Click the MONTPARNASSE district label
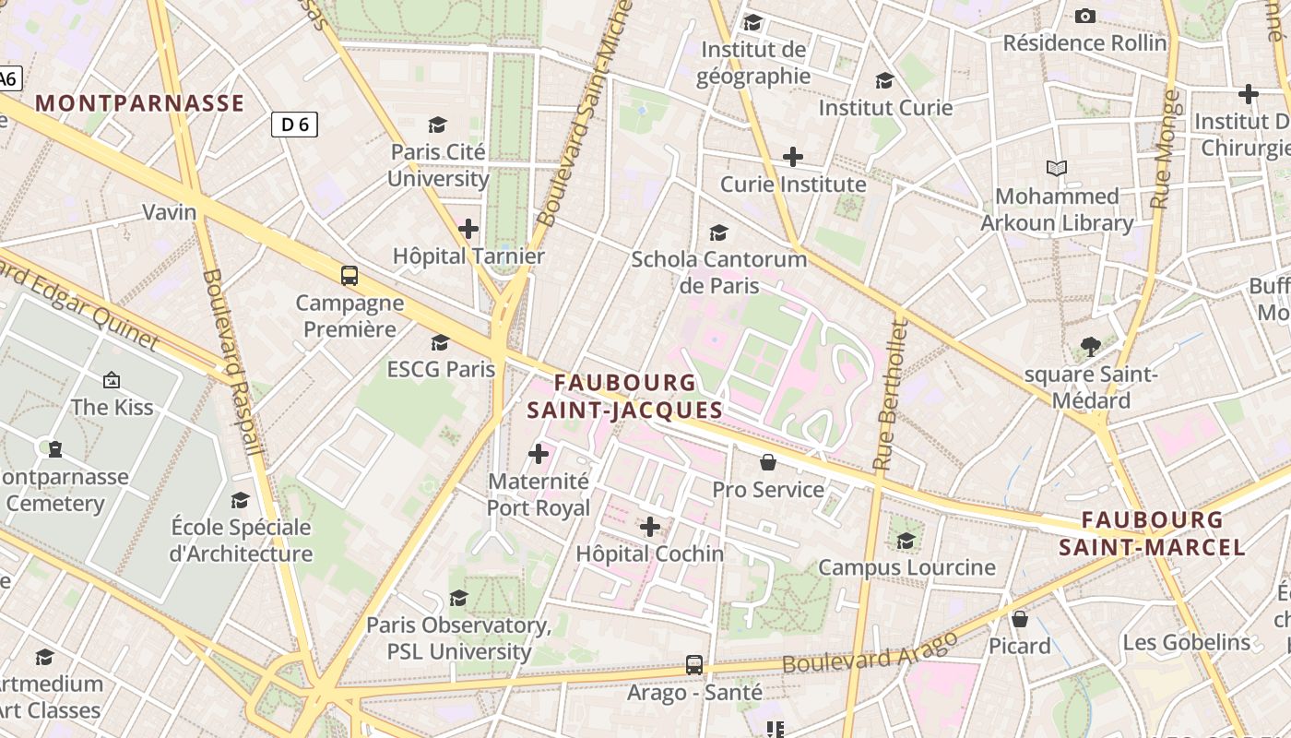(140, 103)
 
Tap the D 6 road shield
(294, 124)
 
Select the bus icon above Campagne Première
(349, 275)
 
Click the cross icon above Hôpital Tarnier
(468, 228)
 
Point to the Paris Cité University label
(438, 165)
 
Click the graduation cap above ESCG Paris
(441, 342)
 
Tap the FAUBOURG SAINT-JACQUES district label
(625, 396)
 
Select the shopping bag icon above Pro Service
(768, 461)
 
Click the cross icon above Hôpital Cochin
(650, 527)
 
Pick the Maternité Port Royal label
(539, 494)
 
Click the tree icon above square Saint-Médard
(1091, 347)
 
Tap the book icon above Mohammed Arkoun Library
(1057, 169)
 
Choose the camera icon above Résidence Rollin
(1085, 16)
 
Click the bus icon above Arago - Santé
(694, 664)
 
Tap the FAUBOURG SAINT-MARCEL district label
(1152, 534)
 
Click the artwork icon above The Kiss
(112, 379)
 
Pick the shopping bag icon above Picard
(1020, 618)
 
